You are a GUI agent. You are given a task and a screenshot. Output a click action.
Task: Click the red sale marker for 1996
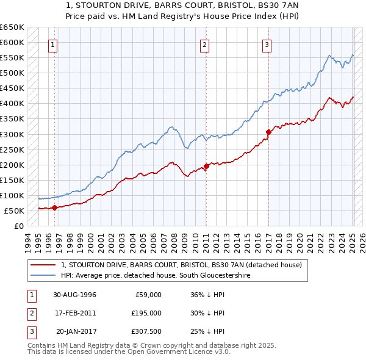pos(54,207)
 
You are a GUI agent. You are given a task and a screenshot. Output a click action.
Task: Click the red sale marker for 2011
pos(206,166)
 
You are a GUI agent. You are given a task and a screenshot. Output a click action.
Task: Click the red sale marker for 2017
pos(268,131)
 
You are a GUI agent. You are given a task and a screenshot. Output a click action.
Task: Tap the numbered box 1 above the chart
pos(53,44)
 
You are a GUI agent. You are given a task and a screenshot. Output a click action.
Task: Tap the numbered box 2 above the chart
pos(205,44)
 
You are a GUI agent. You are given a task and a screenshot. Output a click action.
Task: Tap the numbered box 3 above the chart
pos(267,44)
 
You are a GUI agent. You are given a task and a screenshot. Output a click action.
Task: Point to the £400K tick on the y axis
pos(13,104)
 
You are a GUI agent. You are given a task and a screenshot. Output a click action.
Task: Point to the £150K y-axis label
pos(13,180)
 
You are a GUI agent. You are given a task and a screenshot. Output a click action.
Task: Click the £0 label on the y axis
pos(18,226)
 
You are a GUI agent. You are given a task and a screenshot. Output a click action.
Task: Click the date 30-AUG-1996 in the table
pos(74,295)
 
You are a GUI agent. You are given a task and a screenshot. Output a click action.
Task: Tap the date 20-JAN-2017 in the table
pos(74,331)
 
